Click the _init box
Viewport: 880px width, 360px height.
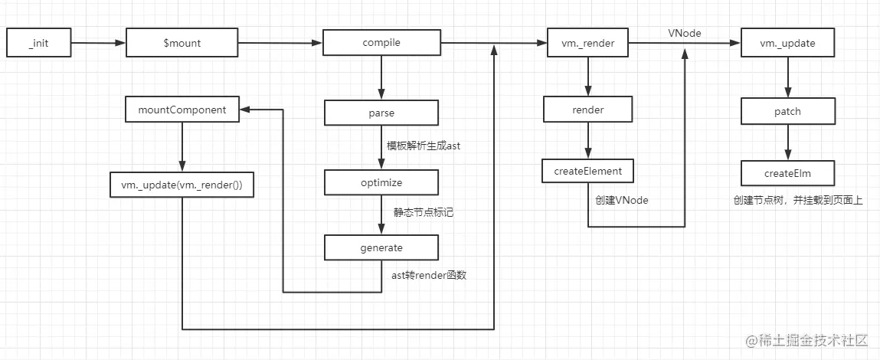38,44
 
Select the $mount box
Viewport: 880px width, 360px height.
182,44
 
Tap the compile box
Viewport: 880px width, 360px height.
381,44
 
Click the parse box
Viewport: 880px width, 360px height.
381,113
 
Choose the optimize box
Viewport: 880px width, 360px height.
381,183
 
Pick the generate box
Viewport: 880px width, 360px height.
381,248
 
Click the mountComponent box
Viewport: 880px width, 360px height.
182,110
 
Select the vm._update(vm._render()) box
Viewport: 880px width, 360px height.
182,185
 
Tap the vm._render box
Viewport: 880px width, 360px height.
587,44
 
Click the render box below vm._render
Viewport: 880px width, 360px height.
587,110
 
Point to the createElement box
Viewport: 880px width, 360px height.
587,171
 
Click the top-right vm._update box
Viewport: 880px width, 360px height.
787,44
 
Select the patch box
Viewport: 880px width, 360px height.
787,112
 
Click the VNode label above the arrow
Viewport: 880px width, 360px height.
683,33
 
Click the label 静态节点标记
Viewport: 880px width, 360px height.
418,212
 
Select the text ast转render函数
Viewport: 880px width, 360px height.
424,275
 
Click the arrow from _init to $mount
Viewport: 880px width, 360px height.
97,44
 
